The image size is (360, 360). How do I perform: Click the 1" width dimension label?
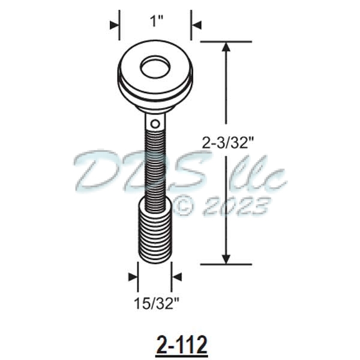point(156,22)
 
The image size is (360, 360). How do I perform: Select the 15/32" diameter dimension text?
point(155,303)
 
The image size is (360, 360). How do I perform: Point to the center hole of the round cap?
point(155,68)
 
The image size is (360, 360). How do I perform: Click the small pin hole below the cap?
point(155,124)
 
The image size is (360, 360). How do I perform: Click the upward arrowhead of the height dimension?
point(226,48)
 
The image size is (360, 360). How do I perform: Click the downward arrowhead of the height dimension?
point(226,257)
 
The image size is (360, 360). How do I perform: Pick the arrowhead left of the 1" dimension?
point(115,25)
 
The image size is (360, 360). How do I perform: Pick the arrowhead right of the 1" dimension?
point(196,25)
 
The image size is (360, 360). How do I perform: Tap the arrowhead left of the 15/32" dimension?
point(133,277)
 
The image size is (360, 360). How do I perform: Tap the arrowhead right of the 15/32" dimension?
point(177,277)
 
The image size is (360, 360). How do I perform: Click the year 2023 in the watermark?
point(236,208)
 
